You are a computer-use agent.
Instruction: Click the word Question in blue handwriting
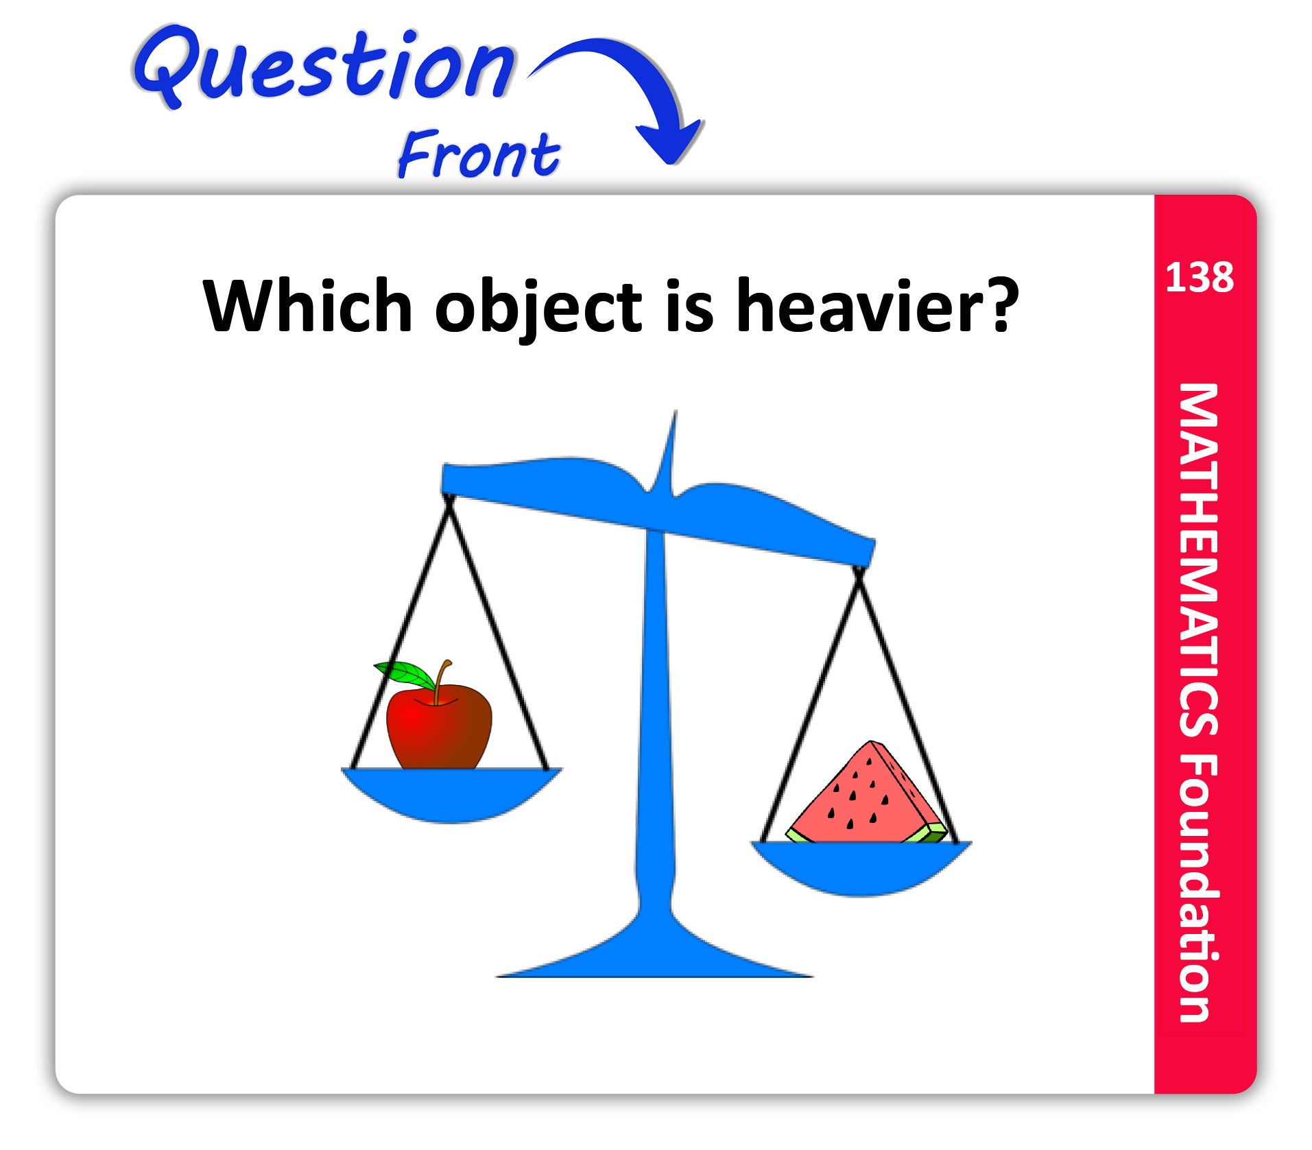pos(324,66)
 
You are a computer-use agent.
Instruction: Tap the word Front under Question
pos(479,154)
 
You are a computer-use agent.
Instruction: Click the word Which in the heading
pos(307,306)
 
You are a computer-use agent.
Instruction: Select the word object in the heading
pos(538,308)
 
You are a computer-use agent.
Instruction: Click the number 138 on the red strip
pos(1200,278)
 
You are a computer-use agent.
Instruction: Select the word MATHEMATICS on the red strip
pos(1198,560)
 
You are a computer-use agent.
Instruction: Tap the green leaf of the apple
pos(404,675)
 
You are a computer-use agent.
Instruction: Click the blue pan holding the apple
pos(451,794)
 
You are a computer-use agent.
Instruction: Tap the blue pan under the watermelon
pos(861,867)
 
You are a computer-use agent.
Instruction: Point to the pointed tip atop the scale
pos(675,411)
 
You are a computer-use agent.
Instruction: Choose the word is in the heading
pos(689,306)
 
